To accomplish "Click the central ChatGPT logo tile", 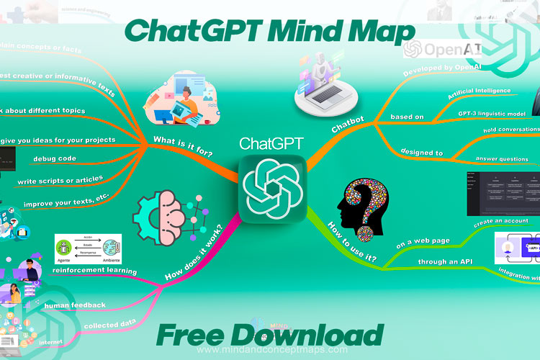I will tap(273, 186).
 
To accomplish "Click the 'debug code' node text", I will tap(55, 158).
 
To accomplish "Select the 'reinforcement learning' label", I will tap(94, 271).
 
